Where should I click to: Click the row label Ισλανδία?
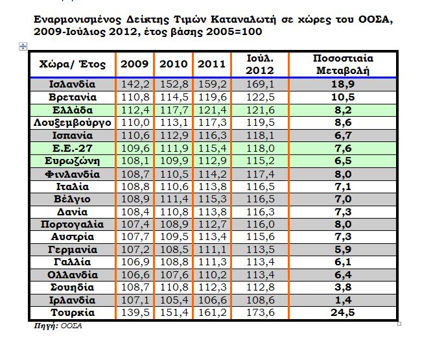click(x=72, y=84)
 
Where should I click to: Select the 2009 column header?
click(x=134, y=64)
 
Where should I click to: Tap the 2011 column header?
click(x=211, y=64)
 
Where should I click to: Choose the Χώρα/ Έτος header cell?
click(x=72, y=64)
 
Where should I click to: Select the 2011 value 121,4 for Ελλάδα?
click(x=211, y=110)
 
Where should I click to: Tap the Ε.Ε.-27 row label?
click(x=72, y=148)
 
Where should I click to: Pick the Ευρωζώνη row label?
click(x=72, y=161)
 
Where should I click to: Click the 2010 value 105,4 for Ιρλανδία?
click(x=173, y=300)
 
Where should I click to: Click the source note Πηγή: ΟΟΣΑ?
click(x=58, y=326)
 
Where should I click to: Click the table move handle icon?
click(x=23, y=46)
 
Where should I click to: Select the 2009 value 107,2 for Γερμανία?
click(x=134, y=250)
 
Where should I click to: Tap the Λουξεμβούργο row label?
click(x=72, y=123)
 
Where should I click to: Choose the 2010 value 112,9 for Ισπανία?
click(x=173, y=136)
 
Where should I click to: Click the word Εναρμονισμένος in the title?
click(x=74, y=19)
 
